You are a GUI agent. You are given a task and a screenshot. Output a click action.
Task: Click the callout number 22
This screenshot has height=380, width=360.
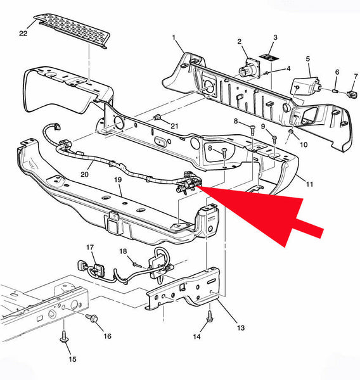(x=23, y=33)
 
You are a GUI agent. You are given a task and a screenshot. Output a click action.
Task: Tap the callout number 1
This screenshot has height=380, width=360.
(x=174, y=38)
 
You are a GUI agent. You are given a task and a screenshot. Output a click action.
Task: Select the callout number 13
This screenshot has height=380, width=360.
(x=241, y=328)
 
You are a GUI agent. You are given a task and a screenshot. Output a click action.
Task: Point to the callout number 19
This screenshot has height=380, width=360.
(x=118, y=180)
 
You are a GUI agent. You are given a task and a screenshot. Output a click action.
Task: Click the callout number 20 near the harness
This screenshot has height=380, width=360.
(x=84, y=174)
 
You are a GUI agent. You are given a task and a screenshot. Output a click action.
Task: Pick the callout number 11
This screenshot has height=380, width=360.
(x=309, y=184)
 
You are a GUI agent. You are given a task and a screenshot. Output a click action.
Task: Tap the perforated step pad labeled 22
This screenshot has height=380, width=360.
(x=72, y=31)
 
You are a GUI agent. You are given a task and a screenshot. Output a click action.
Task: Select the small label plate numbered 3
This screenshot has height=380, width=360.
(x=269, y=58)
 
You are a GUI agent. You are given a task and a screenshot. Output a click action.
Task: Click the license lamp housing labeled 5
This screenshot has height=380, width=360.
(x=305, y=86)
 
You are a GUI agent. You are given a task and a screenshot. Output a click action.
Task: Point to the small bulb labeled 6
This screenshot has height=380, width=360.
(x=336, y=91)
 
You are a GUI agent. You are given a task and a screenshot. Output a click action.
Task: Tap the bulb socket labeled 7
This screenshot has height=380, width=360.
(x=352, y=94)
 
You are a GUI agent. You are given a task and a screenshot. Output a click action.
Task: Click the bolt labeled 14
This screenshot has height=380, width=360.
(x=210, y=317)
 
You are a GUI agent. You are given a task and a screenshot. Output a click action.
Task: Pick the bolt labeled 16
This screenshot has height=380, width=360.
(x=92, y=317)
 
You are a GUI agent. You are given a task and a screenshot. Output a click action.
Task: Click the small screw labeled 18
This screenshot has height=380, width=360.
(x=138, y=264)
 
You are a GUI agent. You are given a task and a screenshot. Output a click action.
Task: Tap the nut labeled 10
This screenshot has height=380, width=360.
(x=291, y=132)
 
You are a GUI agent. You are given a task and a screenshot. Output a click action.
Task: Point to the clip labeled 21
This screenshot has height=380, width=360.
(x=157, y=117)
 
